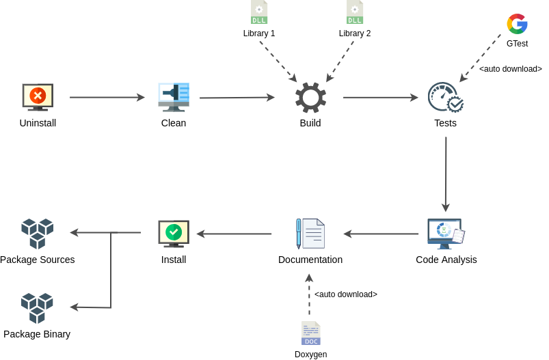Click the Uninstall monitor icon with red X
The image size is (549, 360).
pos(38,97)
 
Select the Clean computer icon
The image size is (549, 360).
pos(174,97)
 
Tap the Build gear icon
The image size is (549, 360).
pos(310,97)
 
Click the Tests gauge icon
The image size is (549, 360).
pos(445,97)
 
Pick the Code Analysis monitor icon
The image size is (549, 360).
pos(446,234)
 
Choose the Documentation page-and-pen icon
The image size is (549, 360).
pos(310,234)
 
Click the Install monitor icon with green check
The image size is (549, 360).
pos(174,234)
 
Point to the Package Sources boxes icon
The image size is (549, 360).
pos(38,234)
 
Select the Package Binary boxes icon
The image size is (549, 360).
pos(38,308)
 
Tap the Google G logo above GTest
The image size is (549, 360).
pos(517,24)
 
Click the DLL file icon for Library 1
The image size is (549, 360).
pos(259,12)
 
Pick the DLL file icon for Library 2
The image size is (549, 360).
pos(355,12)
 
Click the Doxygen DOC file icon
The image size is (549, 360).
pos(311,333)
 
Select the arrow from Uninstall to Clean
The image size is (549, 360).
pos(107,98)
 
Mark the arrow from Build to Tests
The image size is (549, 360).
pos(380,98)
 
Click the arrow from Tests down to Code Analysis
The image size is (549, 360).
pos(446,174)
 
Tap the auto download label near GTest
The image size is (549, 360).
pos(511,69)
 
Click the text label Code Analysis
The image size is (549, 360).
pos(446,260)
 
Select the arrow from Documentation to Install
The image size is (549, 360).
pos(235,234)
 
